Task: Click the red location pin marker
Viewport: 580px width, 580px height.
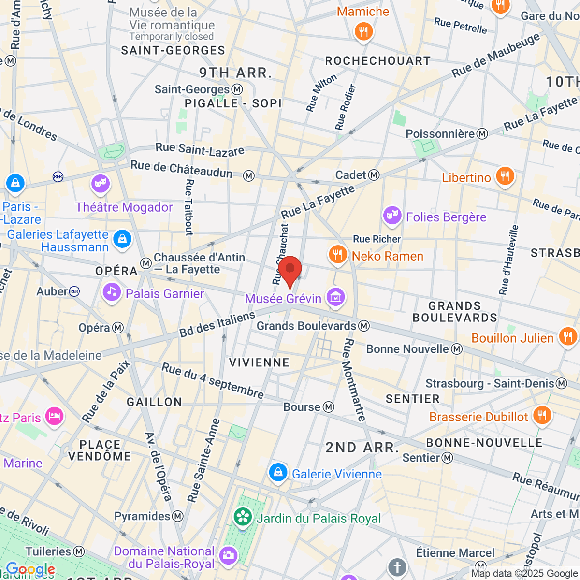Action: (x=290, y=270)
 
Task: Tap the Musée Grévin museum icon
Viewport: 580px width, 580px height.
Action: (x=335, y=297)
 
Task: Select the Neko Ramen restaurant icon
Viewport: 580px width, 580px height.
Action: (x=337, y=254)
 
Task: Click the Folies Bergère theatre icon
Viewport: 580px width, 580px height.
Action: (x=392, y=216)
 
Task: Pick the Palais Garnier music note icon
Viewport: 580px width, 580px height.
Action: (x=112, y=292)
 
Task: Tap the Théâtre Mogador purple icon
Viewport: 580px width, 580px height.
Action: (x=100, y=184)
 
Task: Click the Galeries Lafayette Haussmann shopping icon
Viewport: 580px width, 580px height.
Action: (x=122, y=239)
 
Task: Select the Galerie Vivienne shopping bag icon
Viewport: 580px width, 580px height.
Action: (x=278, y=473)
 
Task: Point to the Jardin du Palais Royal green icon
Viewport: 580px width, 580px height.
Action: (x=243, y=517)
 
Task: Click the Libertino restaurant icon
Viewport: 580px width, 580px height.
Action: (x=505, y=176)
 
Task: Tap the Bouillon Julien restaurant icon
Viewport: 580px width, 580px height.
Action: (x=567, y=336)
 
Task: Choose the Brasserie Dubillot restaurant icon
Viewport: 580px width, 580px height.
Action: (x=542, y=415)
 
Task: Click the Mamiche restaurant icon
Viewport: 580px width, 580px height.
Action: (x=363, y=32)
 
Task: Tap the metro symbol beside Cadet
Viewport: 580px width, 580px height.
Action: (x=374, y=175)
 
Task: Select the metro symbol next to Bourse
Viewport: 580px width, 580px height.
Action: (x=329, y=407)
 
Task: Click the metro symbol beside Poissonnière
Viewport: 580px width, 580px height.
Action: (x=482, y=134)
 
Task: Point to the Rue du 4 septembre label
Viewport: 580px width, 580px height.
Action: (x=213, y=381)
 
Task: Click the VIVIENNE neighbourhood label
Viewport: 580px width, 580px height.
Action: (x=259, y=362)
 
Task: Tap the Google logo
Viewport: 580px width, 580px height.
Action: (x=30, y=569)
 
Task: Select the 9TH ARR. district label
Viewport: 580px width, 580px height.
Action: (x=236, y=73)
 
